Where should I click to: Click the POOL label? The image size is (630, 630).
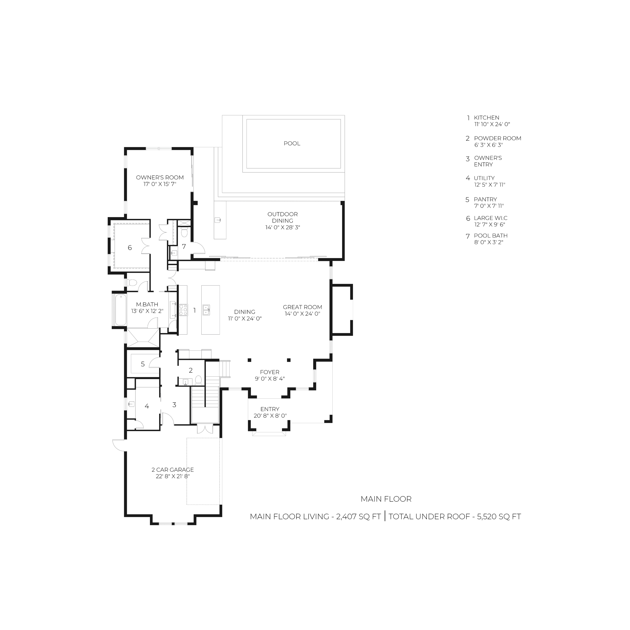(x=292, y=144)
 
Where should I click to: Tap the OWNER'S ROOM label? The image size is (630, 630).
(x=160, y=177)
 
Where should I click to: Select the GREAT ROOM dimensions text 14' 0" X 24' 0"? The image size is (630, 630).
(x=303, y=314)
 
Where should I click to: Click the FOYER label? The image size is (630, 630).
(x=270, y=372)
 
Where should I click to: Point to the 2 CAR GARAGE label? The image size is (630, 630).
(x=173, y=470)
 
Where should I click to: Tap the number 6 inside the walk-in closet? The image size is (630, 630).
(x=130, y=248)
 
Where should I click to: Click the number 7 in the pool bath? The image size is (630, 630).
(x=184, y=246)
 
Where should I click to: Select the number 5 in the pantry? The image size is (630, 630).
(x=143, y=364)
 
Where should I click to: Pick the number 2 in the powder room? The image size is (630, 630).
(x=191, y=370)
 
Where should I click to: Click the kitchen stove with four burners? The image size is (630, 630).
(x=183, y=310)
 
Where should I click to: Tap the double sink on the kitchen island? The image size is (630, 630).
(x=206, y=310)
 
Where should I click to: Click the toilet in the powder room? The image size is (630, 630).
(x=198, y=380)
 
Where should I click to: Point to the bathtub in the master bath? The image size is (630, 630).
(x=120, y=310)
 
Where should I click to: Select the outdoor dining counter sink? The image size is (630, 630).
(x=218, y=220)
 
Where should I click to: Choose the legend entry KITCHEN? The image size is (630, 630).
(x=486, y=118)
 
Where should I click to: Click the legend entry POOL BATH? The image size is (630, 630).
(x=491, y=236)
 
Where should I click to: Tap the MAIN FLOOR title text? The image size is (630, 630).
(x=386, y=499)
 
